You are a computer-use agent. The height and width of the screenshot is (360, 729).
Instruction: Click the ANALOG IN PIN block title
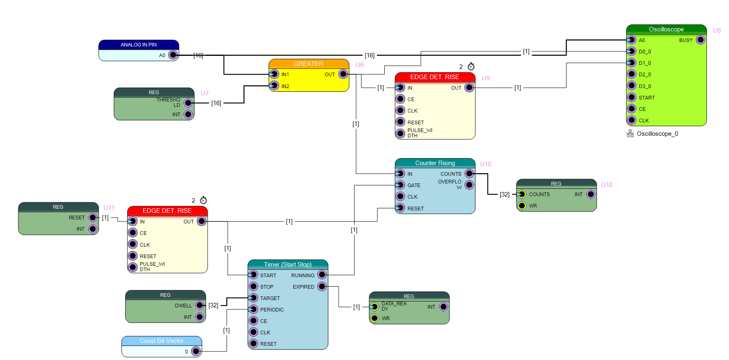(x=139, y=45)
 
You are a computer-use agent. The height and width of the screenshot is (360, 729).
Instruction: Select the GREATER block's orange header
(x=309, y=64)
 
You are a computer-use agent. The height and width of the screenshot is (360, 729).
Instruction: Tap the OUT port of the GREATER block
(x=343, y=74)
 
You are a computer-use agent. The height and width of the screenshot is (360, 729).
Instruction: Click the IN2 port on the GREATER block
(x=274, y=86)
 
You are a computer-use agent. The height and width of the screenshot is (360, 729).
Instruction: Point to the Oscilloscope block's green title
(x=666, y=29)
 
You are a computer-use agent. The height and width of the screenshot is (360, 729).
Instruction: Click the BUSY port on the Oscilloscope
(x=700, y=40)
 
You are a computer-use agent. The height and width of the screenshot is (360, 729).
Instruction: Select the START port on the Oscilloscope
(x=632, y=97)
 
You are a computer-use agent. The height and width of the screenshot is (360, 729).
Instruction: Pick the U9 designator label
(x=485, y=78)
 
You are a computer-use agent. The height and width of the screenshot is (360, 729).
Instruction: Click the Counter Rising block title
(x=435, y=163)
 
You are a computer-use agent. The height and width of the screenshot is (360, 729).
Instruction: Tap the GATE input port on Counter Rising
(x=401, y=185)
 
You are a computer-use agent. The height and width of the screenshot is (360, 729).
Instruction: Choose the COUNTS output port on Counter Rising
(x=470, y=173)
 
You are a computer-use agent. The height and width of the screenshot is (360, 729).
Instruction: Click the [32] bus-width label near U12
(x=505, y=194)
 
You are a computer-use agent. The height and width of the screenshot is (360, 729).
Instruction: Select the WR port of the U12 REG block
(x=522, y=205)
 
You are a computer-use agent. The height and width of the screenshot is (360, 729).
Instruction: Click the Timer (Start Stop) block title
(x=288, y=265)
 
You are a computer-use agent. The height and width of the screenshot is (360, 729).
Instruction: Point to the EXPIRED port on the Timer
(x=322, y=287)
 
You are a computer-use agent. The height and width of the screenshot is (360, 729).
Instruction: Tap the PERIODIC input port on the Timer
(x=253, y=309)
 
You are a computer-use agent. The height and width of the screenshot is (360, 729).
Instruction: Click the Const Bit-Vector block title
(x=162, y=341)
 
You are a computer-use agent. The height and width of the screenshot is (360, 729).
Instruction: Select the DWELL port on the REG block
(x=200, y=305)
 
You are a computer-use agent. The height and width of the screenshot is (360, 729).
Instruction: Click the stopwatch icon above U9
(x=471, y=66)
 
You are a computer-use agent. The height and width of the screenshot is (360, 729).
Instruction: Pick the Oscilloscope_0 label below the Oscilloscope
(x=657, y=134)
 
